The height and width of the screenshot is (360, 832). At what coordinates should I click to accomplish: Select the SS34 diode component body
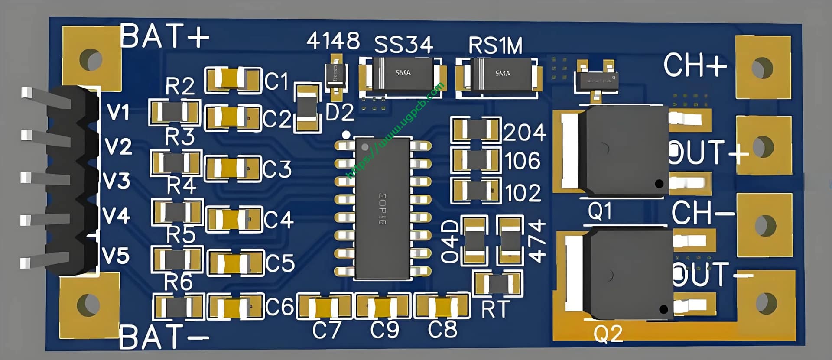[x=403, y=74]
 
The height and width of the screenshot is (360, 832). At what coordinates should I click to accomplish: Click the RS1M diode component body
[x=503, y=75]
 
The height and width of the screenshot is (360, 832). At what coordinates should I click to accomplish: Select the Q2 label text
[x=608, y=333]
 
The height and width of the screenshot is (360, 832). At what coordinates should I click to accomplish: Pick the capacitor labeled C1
[x=233, y=80]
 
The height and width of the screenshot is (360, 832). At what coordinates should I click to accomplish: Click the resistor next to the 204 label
[x=475, y=130]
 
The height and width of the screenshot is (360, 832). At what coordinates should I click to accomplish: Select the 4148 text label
[x=333, y=41]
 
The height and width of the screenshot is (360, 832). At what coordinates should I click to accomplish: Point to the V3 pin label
[x=117, y=181]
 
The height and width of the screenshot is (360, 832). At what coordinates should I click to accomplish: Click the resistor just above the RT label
[x=497, y=284]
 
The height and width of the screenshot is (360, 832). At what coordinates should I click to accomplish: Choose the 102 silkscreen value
[x=523, y=193]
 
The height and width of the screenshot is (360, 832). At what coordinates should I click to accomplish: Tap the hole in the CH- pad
[x=764, y=225]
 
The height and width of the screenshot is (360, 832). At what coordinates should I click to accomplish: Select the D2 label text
[x=339, y=113]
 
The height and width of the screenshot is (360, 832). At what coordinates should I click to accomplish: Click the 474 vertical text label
[x=537, y=241]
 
